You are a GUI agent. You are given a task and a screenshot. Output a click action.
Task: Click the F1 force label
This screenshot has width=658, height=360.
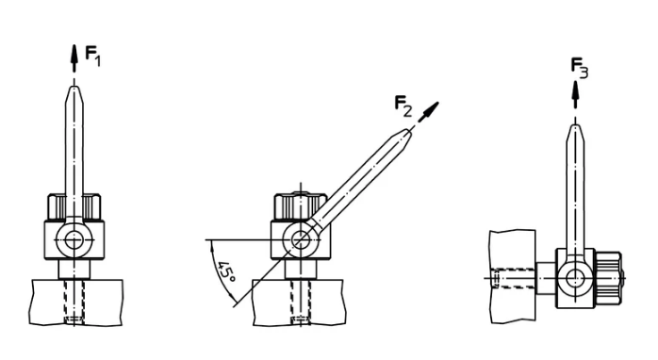pyautogui.click(x=92, y=56)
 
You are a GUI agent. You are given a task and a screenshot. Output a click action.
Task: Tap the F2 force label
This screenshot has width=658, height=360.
pyautogui.click(x=403, y=106)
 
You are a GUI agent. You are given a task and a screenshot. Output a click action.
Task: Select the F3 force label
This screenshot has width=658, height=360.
pyautogui.click(x=580, y=69)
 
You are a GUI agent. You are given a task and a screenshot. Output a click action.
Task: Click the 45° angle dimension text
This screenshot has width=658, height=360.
pyautogui.click(x=226, y=271)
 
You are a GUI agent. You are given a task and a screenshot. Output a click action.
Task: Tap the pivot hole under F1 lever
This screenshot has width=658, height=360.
pyautogui.click(x=74, y=240)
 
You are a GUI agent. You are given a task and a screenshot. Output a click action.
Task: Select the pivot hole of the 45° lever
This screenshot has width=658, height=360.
pyautogui.click(x=301, y=240)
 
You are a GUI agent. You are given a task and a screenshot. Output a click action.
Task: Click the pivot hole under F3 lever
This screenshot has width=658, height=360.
pyautogui.click(x=575, y=278)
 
